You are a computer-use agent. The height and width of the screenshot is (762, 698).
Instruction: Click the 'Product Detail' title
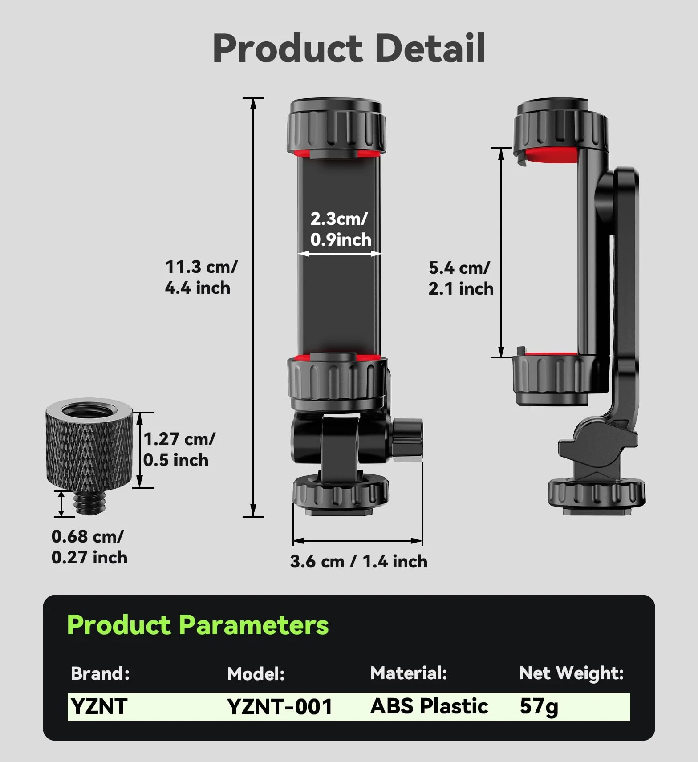click(349, 48)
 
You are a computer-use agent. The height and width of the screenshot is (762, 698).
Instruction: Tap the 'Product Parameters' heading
click(198, 625)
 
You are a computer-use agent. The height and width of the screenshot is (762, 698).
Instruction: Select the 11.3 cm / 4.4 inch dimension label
click(201, 277)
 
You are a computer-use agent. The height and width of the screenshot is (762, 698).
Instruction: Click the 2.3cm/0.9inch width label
click(341, 229)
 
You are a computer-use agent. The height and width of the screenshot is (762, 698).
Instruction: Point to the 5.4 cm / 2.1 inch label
click(461, 278)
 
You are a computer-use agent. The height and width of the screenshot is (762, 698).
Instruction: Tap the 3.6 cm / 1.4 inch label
click(359, 562)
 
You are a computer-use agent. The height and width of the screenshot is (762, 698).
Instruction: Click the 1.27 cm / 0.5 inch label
click(179, 450)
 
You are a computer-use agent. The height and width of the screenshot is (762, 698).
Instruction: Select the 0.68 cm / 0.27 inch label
click(89, 547)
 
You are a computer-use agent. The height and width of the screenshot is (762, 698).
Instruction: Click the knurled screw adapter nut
click(89, 445)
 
